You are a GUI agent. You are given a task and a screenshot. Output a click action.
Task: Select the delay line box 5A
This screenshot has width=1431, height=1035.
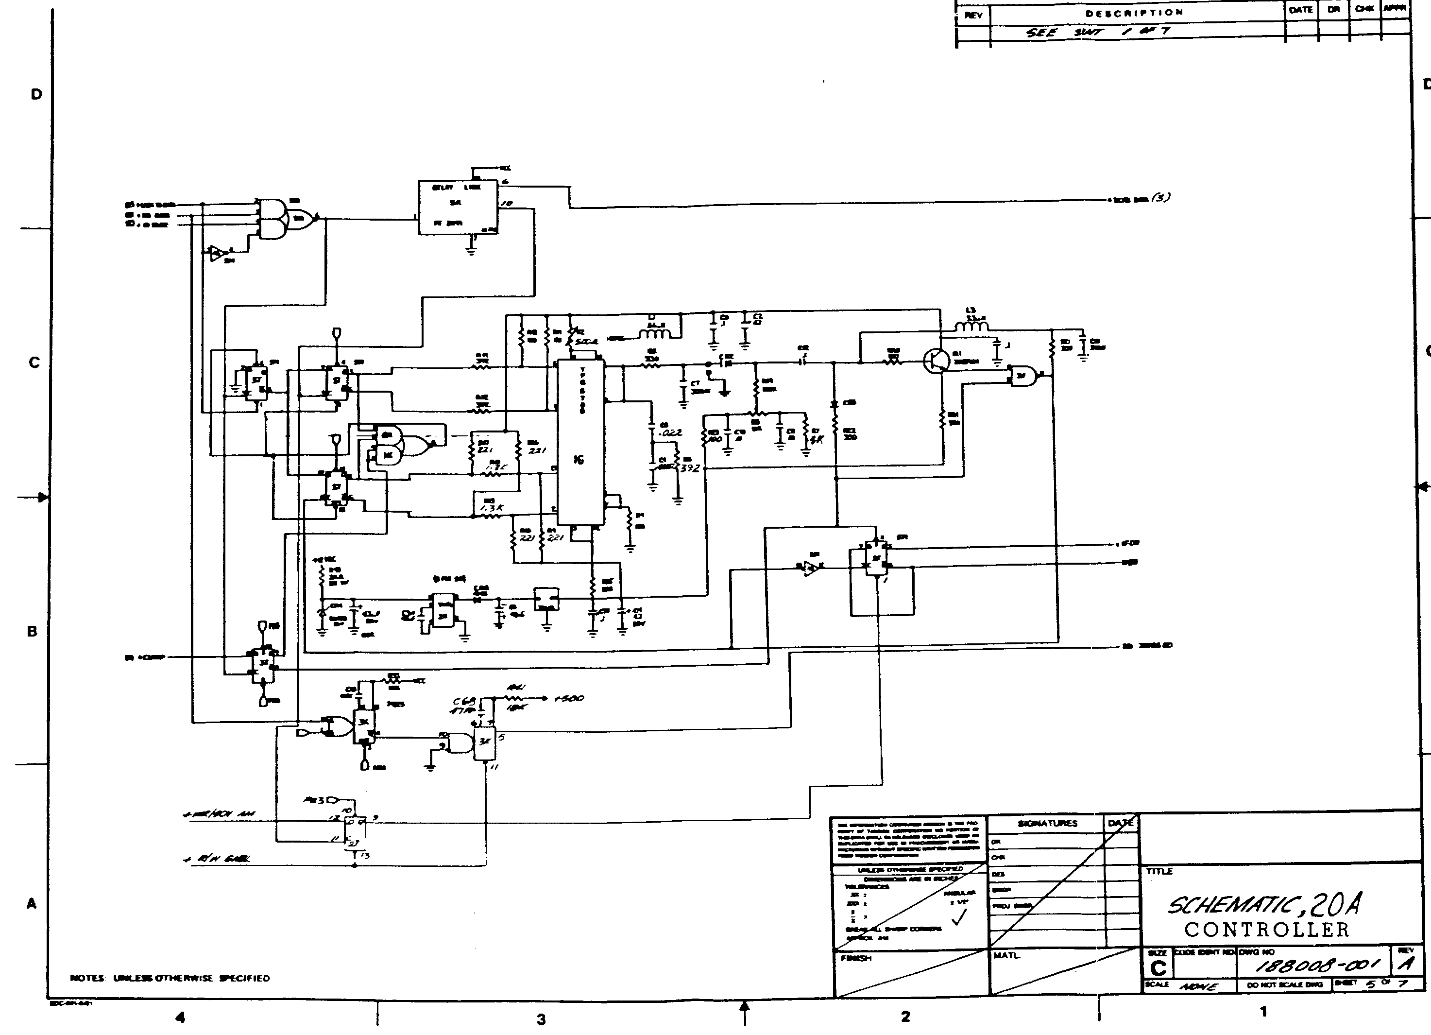[x=458, y=207]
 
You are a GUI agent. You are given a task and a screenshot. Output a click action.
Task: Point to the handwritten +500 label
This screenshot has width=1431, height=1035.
[x=569, y=698]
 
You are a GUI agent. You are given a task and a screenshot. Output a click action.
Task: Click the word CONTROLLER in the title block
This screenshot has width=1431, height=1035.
[x=1266, y=930]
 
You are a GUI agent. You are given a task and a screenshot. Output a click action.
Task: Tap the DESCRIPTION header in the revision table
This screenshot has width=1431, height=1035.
[x=1134, y=13]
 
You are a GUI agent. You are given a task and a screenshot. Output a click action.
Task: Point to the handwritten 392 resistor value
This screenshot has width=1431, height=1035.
[x=690, y=468]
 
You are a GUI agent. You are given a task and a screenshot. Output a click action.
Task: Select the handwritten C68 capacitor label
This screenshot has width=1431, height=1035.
[x=465, y=701]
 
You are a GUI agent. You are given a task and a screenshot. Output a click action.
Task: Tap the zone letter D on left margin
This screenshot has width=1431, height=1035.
[x=36, y=95]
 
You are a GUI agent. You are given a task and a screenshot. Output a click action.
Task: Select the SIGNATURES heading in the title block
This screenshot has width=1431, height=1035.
[x=1047, y=824]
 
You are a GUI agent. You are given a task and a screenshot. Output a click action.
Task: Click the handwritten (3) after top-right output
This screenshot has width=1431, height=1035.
[x=1160, y=198]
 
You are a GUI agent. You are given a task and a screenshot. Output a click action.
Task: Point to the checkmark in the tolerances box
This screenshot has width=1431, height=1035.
[x=958, y=919]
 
